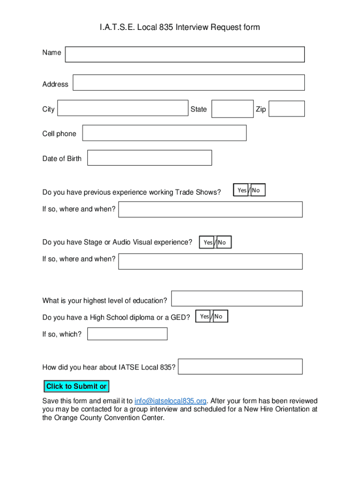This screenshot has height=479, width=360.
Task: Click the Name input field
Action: tap(185, 54)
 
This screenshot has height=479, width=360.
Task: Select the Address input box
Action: tap(188, 83)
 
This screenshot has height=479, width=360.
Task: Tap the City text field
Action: tap(122, 108)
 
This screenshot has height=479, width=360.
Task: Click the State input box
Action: tap(232, 109)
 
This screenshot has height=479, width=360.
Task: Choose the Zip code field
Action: tap(287, 109)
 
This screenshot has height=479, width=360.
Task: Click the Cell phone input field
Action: tap(164, 133)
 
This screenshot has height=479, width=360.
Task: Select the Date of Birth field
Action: tap(150, 158)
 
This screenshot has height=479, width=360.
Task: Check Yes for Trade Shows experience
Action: tap(241, 190)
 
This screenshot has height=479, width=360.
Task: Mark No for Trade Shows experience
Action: tap(257, 190)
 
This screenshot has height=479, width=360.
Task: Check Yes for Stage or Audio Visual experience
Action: tap(208, 242)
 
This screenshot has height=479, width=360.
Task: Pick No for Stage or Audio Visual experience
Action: tap(223, 242)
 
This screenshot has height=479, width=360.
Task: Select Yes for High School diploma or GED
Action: tap(204, 317)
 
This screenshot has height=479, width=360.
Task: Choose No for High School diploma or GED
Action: tap(220, 317)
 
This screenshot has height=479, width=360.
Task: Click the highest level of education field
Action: tap(237, 298)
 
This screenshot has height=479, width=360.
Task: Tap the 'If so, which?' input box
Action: tap(127, 334)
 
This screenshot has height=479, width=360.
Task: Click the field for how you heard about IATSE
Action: tap(240, 367)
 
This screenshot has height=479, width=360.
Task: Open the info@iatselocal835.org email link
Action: tap(170, 401)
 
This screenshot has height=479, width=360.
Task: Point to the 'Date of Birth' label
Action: tap(62, 159)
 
